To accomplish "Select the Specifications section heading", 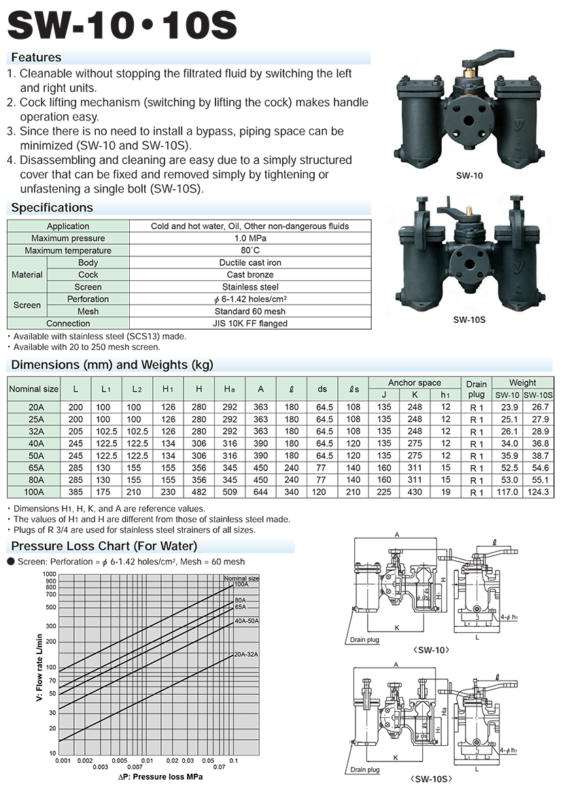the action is [52, 207].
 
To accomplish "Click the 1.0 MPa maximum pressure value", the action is [250, 238].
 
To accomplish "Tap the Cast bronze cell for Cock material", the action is [250, 275].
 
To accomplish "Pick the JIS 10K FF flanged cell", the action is [250, 324].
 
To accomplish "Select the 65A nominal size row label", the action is [35, 468].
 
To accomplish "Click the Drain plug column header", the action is [476, 389].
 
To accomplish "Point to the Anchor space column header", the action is [414, 382].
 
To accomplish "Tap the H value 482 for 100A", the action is [199, 492].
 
